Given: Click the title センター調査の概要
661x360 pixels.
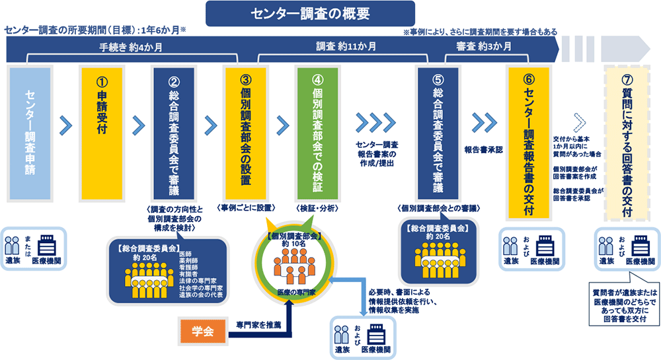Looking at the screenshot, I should coord(311,13).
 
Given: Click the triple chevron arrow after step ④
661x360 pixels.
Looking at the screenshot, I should coord(374,123).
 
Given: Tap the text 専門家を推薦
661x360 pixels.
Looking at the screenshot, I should coord(258,325).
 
